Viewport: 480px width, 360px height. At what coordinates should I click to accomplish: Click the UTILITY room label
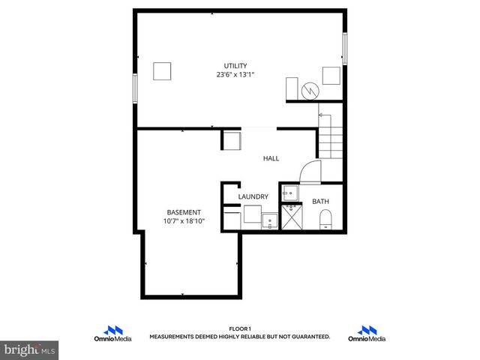pyautogui.click(x=235, y=66)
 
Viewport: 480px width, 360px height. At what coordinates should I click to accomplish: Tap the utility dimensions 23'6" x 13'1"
pyautogui.click(x=235, y=74)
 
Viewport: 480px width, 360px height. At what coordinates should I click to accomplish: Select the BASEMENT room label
pyautogui.click(x=184, y=212)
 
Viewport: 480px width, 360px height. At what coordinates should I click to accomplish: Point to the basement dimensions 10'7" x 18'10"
pyautogui.click(x=184, y=221)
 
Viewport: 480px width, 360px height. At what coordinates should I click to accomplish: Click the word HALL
pyautogui.click(x=271, y=159)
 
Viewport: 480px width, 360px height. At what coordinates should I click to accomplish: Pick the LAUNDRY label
pyautogui.click(x=253, y=197)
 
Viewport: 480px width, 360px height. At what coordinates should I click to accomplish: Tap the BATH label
pyautogui.click(x=320, y=202)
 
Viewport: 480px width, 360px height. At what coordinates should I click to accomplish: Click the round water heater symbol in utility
pyautogui.click(x=309, y=91)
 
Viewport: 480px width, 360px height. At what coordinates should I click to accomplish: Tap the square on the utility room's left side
pyautogui.click(x=163, y=71)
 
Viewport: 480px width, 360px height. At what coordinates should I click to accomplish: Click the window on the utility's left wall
pyautogui.click(x=136, y=88)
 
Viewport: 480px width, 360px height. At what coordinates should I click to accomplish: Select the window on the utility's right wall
pyautogui.click(x=345, y=49)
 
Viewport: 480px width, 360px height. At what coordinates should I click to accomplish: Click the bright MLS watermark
pyautogui.click(x=29, y=350)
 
